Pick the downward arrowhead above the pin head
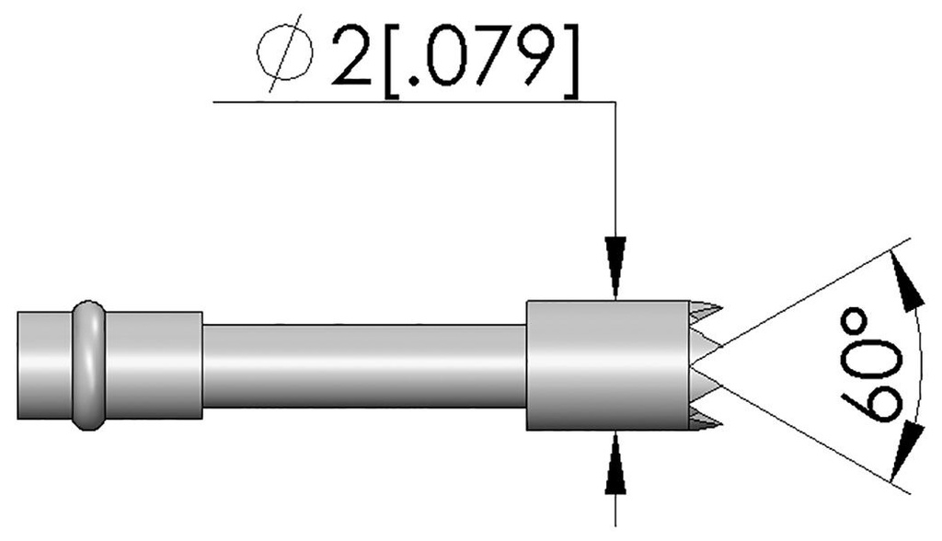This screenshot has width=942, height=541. (x=615, y=267)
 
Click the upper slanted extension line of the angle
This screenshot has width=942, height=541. (x=810, y=294)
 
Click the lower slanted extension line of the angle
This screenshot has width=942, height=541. (x=810, y=437)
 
